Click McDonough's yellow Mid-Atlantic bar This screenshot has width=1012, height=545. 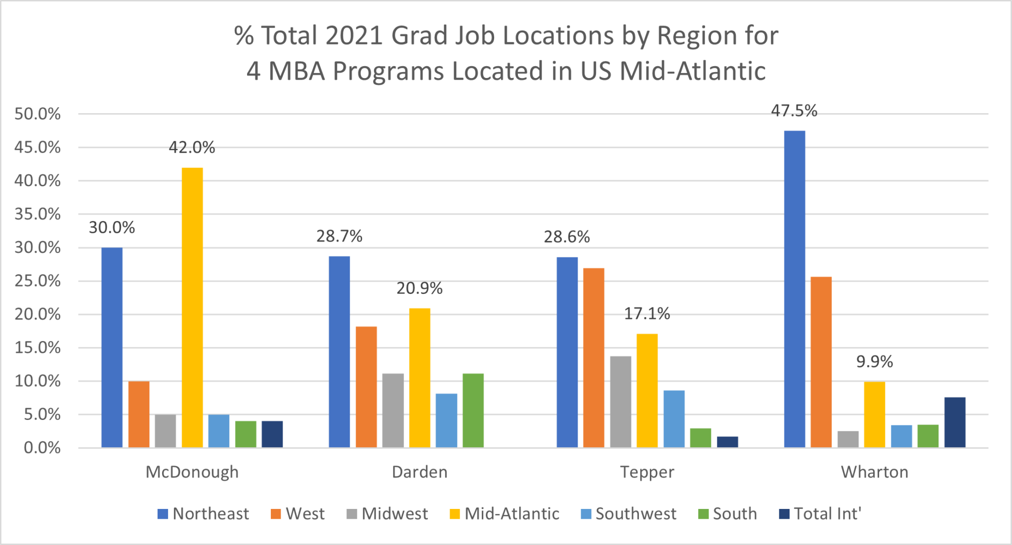pos(192,307)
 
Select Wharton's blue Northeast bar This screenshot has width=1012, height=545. pos(794,289)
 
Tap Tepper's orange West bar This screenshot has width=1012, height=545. pos(593,358)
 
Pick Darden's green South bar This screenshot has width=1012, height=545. pos(473,411)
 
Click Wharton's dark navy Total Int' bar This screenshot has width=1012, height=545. pos(955,422)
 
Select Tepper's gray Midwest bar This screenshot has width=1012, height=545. pos(620,402)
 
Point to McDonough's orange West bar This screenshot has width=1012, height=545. pos(139,414)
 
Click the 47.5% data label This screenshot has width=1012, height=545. pos(794,111)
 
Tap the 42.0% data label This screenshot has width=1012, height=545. pos(192,147)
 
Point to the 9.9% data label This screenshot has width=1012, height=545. pos(874,362)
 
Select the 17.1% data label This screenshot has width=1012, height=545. pos(647,313)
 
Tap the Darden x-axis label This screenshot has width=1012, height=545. pos(420,472)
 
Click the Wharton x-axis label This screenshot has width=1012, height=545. pos(875,472)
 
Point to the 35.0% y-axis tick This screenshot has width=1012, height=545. pos(38,214)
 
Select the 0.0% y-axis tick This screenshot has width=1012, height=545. pos(42,448)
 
